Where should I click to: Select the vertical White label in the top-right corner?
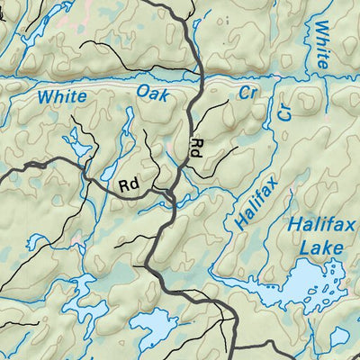(x=321, y=45)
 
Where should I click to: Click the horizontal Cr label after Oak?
(x=247, y=93)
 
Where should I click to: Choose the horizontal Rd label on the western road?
(x=129, y=185)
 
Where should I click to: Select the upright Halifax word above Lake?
(x=315, y=226)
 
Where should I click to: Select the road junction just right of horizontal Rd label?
(x=170, y=193)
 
